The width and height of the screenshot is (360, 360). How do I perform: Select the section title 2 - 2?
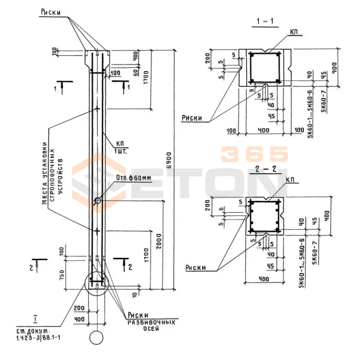pos(262,171)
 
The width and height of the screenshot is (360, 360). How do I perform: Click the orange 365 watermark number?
pos(254,154)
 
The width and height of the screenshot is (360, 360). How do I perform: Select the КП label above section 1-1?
pos(296,32)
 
